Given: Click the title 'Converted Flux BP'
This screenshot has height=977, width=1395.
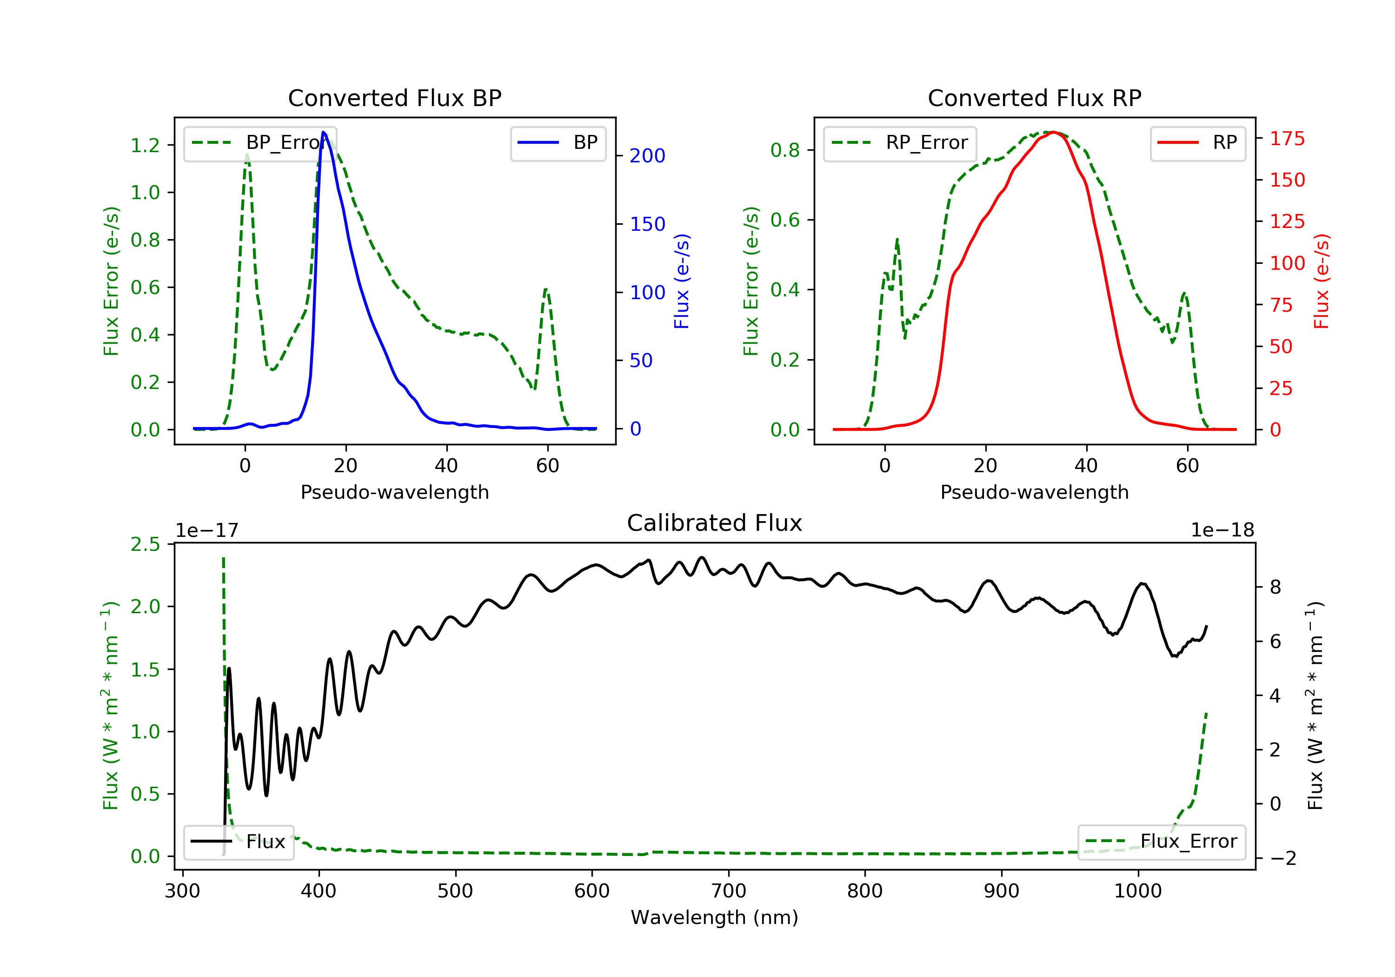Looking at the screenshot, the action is coord(395,98).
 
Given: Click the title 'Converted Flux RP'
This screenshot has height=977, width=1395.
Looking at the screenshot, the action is coord(1035,98).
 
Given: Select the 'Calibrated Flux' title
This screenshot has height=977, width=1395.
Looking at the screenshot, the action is coord(715,523).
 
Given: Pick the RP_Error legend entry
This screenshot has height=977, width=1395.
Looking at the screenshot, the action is coord(900,143).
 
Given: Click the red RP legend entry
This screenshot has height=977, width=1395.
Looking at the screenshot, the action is coord(1197,143).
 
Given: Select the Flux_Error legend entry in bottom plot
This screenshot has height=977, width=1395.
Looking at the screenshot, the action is coord(1162,842).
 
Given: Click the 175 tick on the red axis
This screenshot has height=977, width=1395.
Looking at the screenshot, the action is coord(1287,139).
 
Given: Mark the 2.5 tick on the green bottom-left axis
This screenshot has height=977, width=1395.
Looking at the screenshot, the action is coord(145,544).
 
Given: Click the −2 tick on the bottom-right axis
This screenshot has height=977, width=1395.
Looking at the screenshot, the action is coord(1282,858).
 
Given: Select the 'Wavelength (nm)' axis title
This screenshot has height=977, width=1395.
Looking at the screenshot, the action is coord(715,917).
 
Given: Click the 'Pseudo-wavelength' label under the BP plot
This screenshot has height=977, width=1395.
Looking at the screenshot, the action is coord(395,492).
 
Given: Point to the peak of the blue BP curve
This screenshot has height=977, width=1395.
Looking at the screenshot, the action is coord(323,133).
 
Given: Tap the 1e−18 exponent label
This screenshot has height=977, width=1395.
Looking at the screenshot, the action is coord(1222,530).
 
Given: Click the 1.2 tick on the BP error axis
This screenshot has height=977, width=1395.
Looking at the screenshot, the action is coord(145,145).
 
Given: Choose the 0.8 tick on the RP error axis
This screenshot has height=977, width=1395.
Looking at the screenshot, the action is coord(785,150).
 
